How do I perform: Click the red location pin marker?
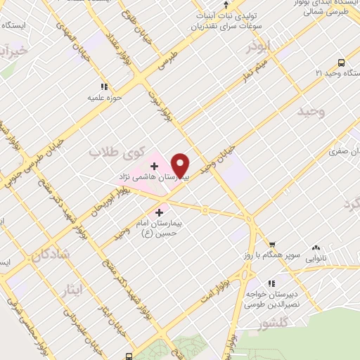181,165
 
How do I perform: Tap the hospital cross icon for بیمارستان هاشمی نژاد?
155,166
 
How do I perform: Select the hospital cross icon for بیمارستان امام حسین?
160,210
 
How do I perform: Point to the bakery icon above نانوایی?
315,247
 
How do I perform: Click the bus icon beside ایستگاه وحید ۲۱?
340,62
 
